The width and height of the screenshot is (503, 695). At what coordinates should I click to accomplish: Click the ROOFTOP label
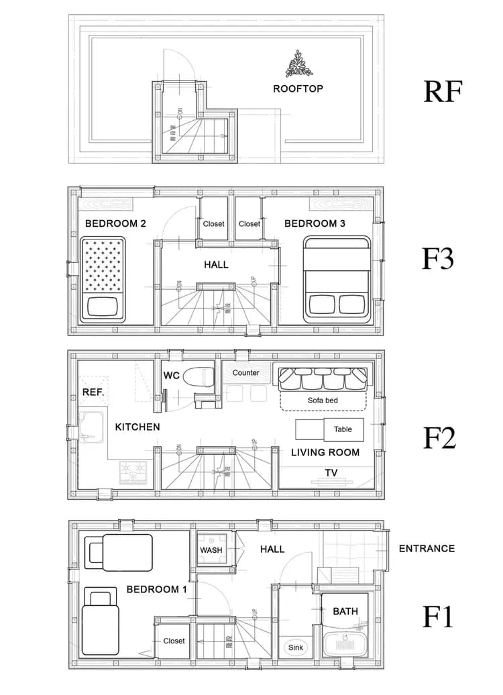(298, 89)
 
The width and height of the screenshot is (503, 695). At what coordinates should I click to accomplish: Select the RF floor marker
(443, 92)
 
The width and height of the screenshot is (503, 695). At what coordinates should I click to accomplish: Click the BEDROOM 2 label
(116, 223)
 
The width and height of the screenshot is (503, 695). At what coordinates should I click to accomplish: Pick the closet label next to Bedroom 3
(249, 224)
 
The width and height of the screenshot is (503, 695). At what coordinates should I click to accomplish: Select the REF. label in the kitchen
(93, 392)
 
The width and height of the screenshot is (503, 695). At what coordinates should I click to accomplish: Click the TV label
(331, 473)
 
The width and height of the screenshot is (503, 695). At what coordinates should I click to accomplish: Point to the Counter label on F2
(246, 373)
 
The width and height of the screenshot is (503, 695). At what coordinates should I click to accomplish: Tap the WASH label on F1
(211, 550)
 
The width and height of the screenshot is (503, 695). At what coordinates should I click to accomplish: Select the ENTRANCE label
(427, 548)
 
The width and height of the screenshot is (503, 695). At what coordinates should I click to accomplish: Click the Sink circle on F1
(295, 647)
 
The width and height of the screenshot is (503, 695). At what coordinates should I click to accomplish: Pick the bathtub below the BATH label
(345, 645)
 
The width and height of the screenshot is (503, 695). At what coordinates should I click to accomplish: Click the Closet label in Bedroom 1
(174, 641)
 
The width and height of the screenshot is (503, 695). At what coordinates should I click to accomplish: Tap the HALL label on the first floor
(272, 549)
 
